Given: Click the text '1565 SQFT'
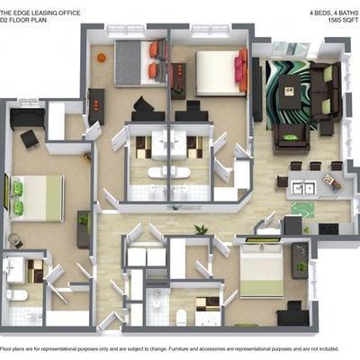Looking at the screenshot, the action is point(344,21).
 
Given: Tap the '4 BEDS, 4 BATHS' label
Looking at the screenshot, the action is point(334,13).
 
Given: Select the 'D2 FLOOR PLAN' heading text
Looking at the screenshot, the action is point(23,21).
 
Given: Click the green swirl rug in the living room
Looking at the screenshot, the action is point(291,94).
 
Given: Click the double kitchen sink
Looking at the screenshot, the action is point(304,188).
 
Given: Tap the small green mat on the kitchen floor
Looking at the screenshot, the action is point(302,210).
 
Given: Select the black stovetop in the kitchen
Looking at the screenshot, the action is point(328,229).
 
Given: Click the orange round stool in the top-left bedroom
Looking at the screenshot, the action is point(102,57).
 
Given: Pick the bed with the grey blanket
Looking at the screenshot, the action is point(140,63).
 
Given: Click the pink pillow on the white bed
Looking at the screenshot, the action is point(239,69).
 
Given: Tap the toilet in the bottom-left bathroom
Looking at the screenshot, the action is point(17,295).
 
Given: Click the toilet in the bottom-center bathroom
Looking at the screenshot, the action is point(181,318).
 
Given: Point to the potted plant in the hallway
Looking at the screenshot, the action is point(201,229).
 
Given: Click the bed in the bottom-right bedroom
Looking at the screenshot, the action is point(262,271).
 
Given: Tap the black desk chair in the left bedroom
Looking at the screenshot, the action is point(30,139).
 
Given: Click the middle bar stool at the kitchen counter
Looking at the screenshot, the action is point(316,166).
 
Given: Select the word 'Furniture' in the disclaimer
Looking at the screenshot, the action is point(178,349).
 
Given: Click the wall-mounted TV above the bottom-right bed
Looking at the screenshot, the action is point(263,240).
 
